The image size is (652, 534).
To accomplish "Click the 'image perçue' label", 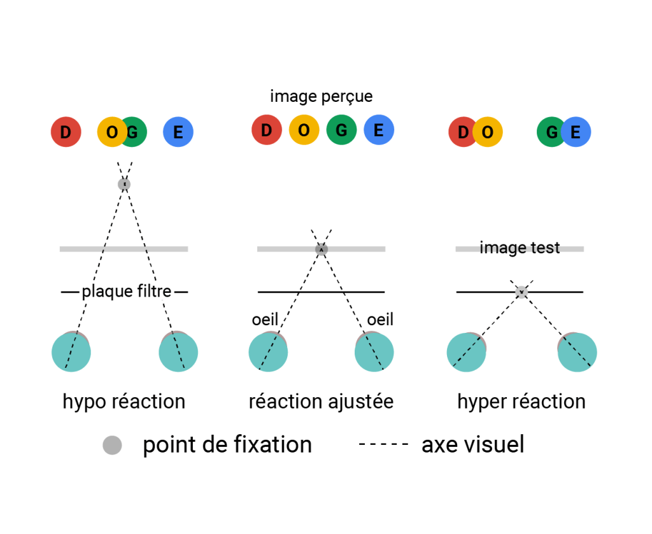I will click(x=321, y=97).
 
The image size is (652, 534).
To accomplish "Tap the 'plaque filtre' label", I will click(x=126, y=292).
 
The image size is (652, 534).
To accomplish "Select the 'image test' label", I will click(x=520, y=248).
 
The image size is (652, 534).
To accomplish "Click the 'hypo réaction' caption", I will click(x=124, y=402).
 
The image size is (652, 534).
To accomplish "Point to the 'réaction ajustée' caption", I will click(x=321, y=402).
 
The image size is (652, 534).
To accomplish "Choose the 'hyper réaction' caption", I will click(x=521, y=402).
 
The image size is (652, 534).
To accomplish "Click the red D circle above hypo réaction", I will click(x=66, y=132).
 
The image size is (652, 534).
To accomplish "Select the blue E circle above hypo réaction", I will click(x=178, y=132).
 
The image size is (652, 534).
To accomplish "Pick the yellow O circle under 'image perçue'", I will click(x=304, y=130).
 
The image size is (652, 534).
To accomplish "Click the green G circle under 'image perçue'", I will click(x=341, y=130).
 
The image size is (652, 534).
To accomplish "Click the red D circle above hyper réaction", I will click(x=462, y=132).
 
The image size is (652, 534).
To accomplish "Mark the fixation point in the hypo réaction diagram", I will click(x=124, y=185).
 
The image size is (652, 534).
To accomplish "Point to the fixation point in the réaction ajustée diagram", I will click(x=322, y=249).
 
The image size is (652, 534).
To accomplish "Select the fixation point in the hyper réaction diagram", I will click(x=521, y=292).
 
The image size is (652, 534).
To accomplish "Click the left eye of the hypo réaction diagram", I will click(x=71, y=352).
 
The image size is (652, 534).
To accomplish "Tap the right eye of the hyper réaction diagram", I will click(x=577, y=352).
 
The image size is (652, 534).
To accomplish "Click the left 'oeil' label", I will click(x=265, y=320).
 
